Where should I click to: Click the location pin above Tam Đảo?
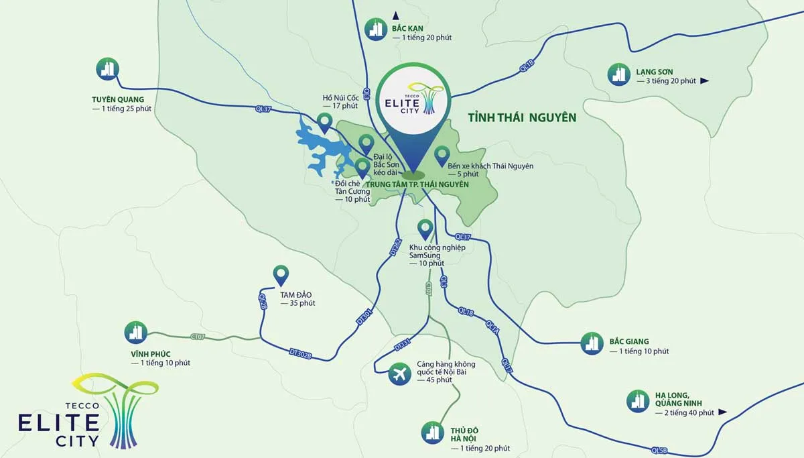pyautogui.click(x=281, y=275)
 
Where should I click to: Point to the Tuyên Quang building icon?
pyautogui.click(x=107, y=68)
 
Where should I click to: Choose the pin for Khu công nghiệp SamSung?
pyautogui.click(x=425, y=229)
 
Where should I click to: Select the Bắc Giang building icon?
pyautogui.click(x=591, y=343)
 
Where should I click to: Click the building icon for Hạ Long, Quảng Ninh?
pyautogui.click(x=638, y=401)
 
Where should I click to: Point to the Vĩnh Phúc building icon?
pyautogui.click(x=136, y=332)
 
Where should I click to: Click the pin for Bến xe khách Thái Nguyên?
pyautogui.click(x=442, y=156)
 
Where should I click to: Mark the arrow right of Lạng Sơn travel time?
pyautogui.click(x=704, y=81)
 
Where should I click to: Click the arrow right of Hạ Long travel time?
pyautogui.click(x=722, y=412)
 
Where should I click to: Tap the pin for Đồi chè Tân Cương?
pyautogui.click(x=362, y=168)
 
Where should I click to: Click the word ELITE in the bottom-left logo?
pyautogui.click(x=59, y=423)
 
